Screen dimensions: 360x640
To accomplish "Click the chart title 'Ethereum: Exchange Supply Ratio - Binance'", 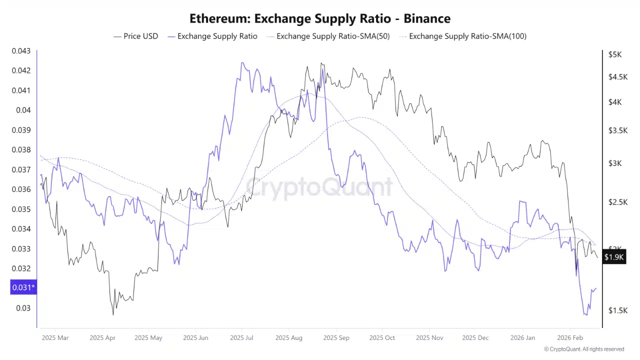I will pos(320,18).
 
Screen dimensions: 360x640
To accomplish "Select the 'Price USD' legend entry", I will pos(135,36).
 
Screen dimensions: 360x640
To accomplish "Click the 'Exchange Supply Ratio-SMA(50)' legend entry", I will pos(328,36).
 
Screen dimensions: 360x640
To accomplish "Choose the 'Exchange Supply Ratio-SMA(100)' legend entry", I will pos(462,36).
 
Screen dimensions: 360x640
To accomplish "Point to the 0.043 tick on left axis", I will pos(21,51).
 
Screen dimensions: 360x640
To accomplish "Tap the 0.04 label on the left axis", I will pos(23,110).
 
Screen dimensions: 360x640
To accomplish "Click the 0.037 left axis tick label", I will pos(21,169).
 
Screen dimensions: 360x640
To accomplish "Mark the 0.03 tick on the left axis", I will pos(23,308).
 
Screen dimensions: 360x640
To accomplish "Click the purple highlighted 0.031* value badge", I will pos(23,287).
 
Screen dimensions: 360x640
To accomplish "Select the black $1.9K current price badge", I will pos(614,257).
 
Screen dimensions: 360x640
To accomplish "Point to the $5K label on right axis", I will pos(614,54).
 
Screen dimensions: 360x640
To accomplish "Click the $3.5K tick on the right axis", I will pos(617,130).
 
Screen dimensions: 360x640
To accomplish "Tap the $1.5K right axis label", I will pos(617,310).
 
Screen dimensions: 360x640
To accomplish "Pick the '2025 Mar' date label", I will pos(55,338).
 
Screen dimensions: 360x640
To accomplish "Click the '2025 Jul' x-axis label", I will pos(241,338).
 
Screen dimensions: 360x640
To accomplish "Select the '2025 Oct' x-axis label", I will pos(382,338).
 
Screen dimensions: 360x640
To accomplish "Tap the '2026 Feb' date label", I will pos(570,338).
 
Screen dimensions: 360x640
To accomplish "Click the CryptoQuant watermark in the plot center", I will pos(319,187).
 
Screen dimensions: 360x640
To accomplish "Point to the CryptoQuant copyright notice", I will pos(584,349).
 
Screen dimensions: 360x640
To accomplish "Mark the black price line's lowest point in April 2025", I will pos(113,314).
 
